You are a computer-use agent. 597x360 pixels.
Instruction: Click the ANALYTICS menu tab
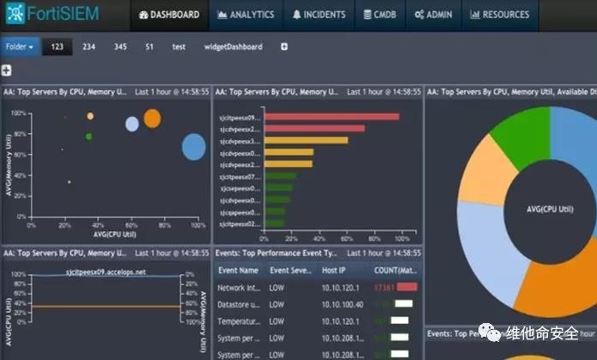tap(247, 15)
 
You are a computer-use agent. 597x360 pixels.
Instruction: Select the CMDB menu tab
tap(379, 15)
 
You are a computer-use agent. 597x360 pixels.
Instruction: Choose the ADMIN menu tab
tap(435, 15)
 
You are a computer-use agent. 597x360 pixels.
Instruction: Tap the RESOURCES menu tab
tap(499, 15)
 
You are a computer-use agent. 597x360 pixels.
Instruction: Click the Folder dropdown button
tap(20, 46)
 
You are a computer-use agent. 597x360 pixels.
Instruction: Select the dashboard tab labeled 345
tap(119, 46)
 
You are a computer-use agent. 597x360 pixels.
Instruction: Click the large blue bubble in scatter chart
tap(194, 147)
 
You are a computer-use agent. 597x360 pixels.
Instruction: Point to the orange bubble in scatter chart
tap(152, 119)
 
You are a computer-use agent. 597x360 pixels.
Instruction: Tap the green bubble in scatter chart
tap(88, 136)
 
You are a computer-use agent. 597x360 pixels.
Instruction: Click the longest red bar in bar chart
tap(332, 117)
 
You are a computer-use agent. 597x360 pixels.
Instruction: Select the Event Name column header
tap(238, 270)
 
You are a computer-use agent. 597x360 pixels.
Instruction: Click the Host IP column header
tap(334, 270)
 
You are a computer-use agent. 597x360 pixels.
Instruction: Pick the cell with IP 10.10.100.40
tap(341, 304)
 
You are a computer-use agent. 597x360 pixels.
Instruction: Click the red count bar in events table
tap(406, 287)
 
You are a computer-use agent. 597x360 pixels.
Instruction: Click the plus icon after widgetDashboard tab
tap(284, 46)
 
